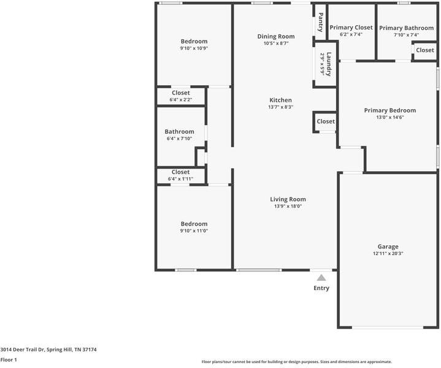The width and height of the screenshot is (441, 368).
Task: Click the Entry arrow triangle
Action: [321, 278]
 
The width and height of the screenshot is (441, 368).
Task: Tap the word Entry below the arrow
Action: [321, 288]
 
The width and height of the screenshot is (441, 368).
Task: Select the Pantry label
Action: [320, 22]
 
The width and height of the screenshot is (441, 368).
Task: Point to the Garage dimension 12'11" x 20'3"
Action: [388, 253]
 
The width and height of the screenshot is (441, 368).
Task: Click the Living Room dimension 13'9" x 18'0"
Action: [288, 206]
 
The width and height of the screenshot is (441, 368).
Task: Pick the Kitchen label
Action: [280, 100]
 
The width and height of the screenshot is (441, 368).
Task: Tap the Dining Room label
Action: [276, 36]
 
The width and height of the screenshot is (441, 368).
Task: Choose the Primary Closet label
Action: [351, 28]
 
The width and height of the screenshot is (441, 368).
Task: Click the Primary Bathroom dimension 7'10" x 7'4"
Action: [406, 35]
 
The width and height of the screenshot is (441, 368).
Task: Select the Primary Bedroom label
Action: [390, 110]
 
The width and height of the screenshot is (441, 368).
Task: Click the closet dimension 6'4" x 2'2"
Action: [180, 99]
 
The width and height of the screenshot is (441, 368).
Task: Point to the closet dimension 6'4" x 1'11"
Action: [180, 179]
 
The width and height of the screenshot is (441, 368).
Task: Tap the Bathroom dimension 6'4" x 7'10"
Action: [179, 139]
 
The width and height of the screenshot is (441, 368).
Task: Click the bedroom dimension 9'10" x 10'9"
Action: [194, 48]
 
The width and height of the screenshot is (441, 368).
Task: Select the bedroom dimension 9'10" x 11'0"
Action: [194, 231]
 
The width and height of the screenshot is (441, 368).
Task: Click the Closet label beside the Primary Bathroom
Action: [425, 50]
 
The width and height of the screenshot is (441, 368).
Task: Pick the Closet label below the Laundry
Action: [326, 121]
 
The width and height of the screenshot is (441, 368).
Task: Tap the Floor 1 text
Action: [9, 360]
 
